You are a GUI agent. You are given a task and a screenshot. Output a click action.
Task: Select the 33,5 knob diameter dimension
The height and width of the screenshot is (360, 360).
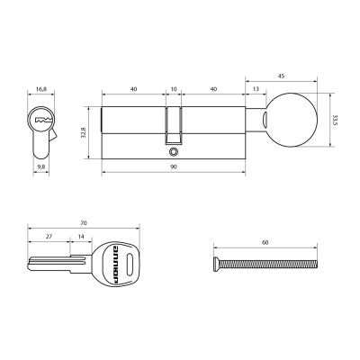coord(335,119)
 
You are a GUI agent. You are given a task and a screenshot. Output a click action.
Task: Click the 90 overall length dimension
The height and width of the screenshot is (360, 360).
coord(172,166)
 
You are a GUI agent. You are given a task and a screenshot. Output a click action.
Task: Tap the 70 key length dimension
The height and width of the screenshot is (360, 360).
coord(82,220)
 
